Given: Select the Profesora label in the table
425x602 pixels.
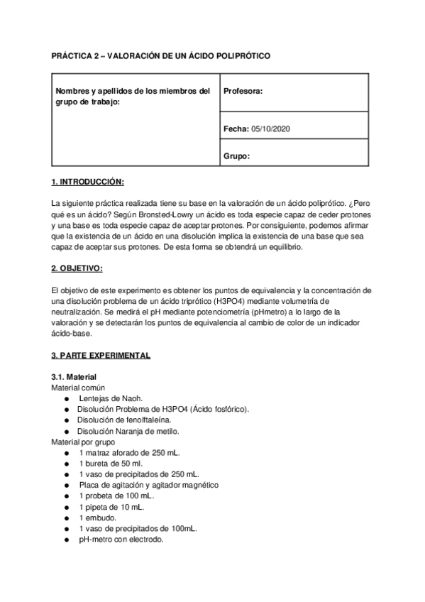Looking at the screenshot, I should pyautogui.click(x=243, y=91).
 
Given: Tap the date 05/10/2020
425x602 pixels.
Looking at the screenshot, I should pyautogui.click(x=271, y=128).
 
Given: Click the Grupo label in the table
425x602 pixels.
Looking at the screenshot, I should pyautogui.click(x=236, y=156).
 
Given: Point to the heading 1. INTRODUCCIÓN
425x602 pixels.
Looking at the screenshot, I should pyautogui.click(x=88, y=182).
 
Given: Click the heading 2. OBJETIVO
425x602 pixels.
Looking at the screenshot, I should pyautogui.click(x=77, y=268).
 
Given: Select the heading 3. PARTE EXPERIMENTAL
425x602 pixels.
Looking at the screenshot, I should pyautogui.click(x=101, y=354).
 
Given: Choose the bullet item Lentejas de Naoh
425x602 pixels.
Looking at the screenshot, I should pyautogui.click(x=109, y=399).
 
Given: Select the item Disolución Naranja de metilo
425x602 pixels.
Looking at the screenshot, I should pyautogui.click(x=128, y=431).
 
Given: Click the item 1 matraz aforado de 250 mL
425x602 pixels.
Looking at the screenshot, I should pyautogui.click(x=130, y=452).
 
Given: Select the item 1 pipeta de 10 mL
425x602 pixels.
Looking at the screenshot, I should pyautogui.click(x=111, y=507).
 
